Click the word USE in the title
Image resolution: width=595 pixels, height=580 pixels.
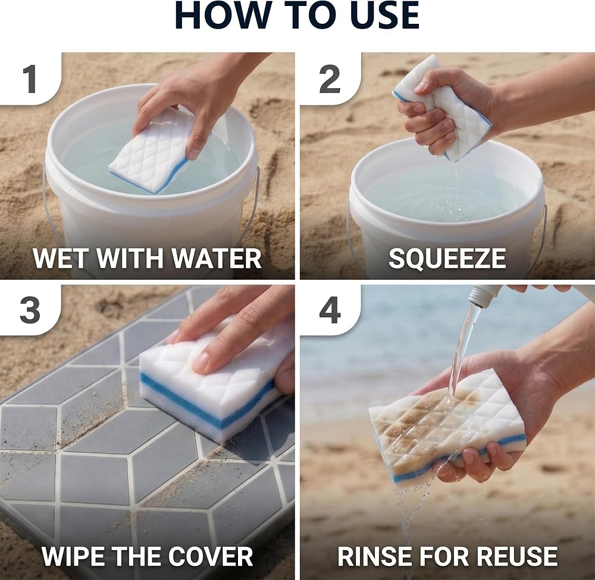pos(384,15)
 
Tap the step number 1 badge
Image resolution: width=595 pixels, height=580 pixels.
pos(30,79)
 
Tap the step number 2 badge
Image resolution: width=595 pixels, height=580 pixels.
pos(330,79)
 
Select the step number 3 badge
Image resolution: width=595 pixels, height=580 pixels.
pos(30,311)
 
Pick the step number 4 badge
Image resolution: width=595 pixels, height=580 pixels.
pos(330,311)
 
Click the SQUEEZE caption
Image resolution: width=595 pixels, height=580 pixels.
pos(447,258)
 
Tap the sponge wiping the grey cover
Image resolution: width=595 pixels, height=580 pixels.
pos(212,383)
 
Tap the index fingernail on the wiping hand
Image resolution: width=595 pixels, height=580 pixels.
pos(201,361)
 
